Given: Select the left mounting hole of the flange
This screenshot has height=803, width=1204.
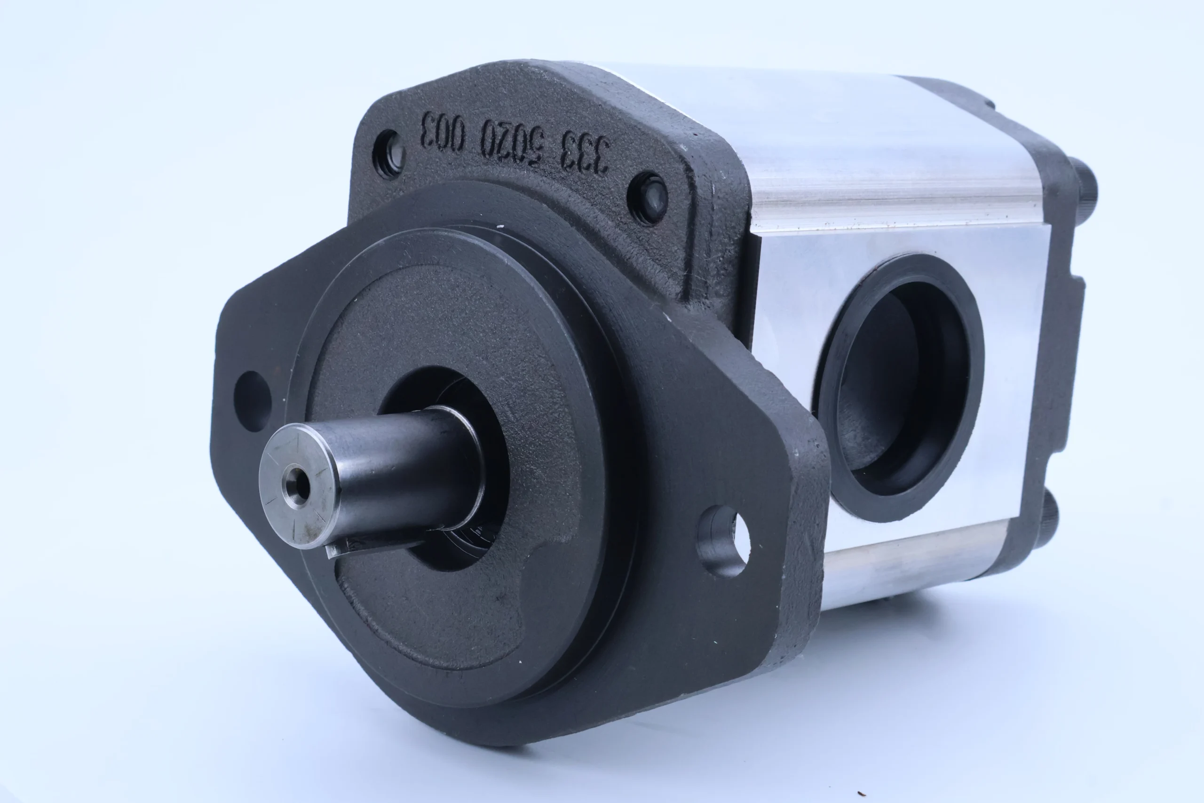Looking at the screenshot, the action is point(253,401).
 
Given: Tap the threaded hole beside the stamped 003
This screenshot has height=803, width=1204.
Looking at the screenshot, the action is point(389,154).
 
